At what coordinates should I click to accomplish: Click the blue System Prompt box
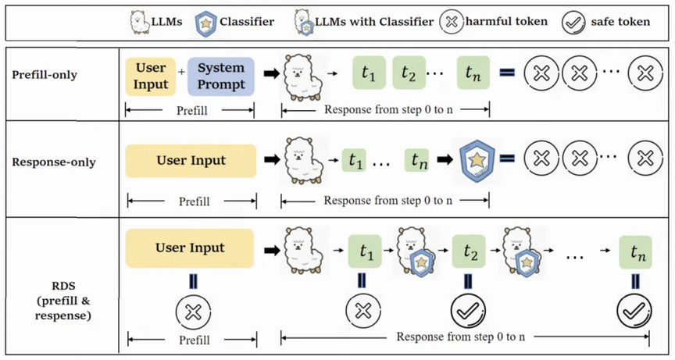(221, 76)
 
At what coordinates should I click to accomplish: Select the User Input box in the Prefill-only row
(151, 76)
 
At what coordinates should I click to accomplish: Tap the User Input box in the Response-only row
(191, 161)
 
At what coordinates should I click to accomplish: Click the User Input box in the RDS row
(190, 248)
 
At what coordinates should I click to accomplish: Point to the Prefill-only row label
(45, 75)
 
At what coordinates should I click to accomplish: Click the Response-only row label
(54, 162)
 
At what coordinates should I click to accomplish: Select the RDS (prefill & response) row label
(63, 301)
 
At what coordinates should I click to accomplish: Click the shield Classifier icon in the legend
(205, 23)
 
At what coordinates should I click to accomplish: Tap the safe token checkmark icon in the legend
(573, 22)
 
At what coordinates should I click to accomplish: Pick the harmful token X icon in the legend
(452, 22)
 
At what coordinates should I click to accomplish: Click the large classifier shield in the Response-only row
(477, 160)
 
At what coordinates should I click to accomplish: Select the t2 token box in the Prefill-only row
(409, 73)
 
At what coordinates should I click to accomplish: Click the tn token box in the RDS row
(635, 252)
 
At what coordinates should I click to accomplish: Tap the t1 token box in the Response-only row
(354, 160)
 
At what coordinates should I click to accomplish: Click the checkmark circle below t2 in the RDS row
(468, 311)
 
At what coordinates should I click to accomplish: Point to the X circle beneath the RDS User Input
(193, 312)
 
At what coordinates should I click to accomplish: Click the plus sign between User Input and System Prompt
(182, 72)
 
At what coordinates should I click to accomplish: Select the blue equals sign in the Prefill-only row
(507, 73)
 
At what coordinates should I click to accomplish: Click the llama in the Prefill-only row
(302, 77)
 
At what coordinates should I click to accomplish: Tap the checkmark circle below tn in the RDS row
(634, 311)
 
